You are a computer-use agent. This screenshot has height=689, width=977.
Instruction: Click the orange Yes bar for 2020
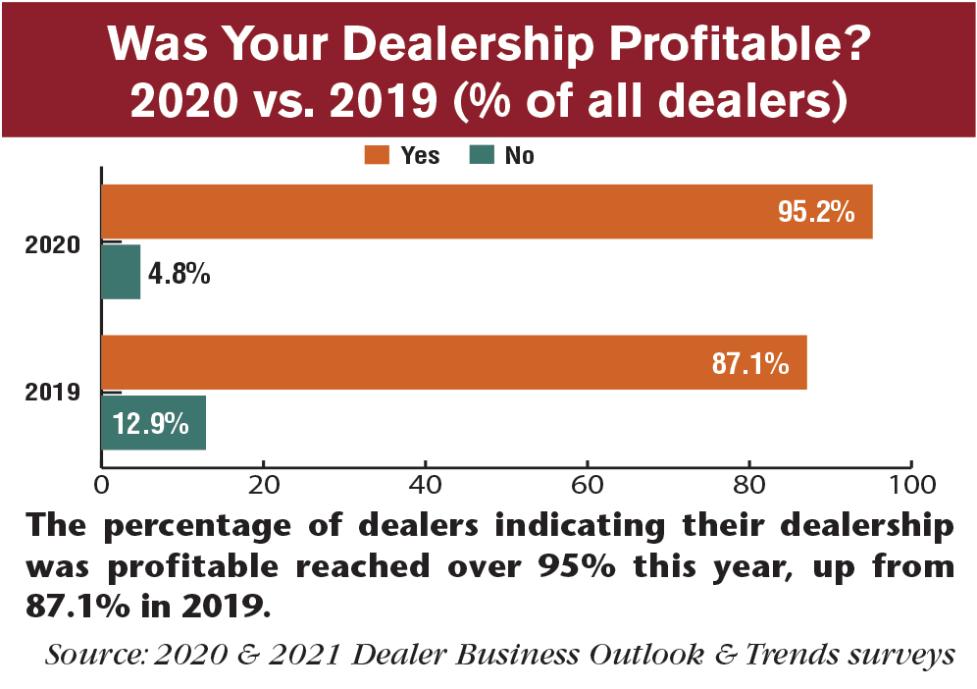487,211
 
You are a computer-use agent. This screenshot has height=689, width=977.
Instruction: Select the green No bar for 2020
122,272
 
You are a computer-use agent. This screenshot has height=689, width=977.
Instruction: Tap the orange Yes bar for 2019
453,362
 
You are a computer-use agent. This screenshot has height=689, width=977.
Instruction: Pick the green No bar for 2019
153,423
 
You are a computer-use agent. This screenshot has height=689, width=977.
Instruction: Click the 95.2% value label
817,211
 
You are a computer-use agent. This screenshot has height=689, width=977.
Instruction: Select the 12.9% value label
149,423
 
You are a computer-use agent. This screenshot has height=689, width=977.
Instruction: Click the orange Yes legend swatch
377,155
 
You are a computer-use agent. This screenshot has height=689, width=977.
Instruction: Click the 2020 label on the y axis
51,244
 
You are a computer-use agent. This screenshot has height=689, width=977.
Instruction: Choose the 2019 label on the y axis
51,395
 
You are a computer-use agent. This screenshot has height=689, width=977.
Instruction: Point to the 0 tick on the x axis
101,484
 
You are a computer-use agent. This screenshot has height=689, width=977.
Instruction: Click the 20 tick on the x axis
263,484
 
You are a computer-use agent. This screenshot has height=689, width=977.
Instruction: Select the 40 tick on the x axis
425,484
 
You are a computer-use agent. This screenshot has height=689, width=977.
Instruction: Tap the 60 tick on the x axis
587,484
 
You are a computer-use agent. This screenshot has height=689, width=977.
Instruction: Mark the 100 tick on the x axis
910,484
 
